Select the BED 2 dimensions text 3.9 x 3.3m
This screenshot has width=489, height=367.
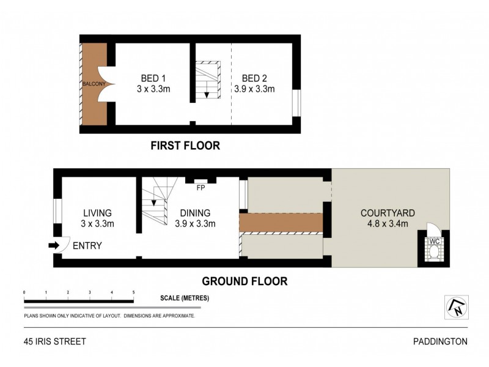(254, 89)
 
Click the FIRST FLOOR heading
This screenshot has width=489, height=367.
(185, 146)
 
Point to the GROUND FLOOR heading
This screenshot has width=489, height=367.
(244, 281)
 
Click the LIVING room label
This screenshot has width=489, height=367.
(98, 213)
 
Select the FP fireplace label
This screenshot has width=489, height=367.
(200, 188)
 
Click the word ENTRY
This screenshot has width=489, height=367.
(87, 246)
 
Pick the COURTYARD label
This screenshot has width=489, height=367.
(388, 213)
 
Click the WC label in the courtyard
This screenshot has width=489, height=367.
(435, 241)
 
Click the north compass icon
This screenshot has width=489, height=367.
(456, 307)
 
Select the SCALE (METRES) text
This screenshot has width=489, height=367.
(185, 298)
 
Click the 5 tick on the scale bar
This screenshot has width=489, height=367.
(133, 293)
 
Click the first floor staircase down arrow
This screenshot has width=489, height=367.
(207, 94)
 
